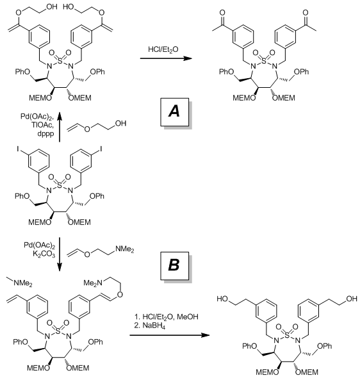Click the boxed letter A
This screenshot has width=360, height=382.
point(174,112)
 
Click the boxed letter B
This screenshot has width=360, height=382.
point(174,265)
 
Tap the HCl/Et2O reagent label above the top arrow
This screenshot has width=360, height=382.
point(163,50)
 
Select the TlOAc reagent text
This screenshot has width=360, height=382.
point(42,125)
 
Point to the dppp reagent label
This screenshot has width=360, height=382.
point(45,134)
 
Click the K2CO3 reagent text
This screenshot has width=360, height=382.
point(44,254)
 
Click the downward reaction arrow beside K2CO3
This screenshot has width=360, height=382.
point(60,256)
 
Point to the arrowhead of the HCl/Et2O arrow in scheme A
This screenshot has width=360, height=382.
point(188,58)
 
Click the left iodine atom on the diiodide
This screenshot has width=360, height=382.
point(18,149)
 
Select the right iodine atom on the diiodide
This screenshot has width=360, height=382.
point(101,149)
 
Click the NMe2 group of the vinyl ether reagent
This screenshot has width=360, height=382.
point(125,249)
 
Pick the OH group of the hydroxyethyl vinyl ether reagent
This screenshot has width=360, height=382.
point(120,124)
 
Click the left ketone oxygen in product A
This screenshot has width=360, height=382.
point(222,12)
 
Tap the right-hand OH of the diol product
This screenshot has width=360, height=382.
point(352,299)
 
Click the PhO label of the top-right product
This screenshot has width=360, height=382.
point(226,72)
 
